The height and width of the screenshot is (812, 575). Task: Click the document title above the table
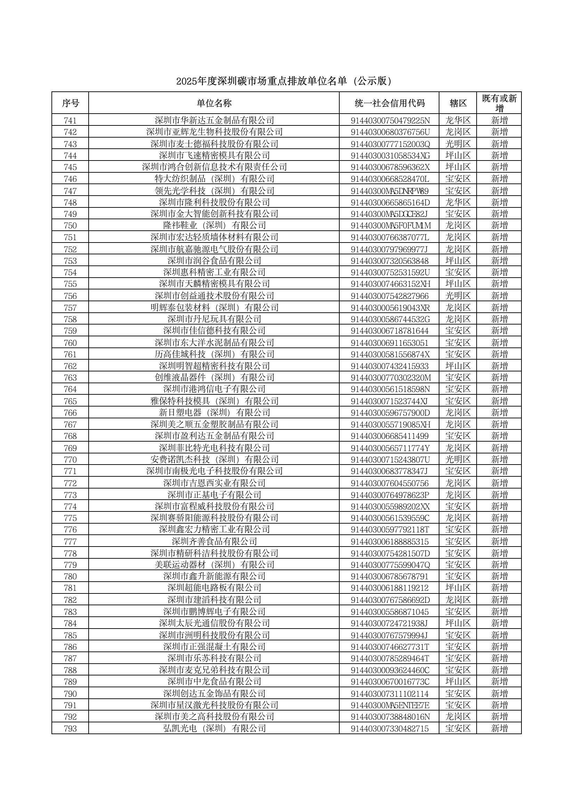coord(284,82)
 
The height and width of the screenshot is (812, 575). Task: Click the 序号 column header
coord(70,103)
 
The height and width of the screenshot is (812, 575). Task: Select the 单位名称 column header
coord(214,103)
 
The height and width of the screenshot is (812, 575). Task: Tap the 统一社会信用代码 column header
coord(389,103)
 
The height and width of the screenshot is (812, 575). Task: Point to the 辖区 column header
coord(458,103)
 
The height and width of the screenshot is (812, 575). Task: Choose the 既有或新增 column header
coord(499,103)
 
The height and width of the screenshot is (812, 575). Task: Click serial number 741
coord(70,120)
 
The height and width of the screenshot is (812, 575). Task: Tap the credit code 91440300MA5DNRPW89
coord(389,191)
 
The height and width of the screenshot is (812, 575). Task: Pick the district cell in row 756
coord(458,296)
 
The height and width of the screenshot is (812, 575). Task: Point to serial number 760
coord(70,343)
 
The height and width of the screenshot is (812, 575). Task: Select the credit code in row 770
coord(390,460)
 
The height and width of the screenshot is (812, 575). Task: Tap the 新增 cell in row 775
coord(499,518)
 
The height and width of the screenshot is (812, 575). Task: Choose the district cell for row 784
coord(458,623)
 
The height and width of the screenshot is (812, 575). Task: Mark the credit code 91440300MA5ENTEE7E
coord(390,705)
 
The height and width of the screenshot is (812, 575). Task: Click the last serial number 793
coord(70,729)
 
